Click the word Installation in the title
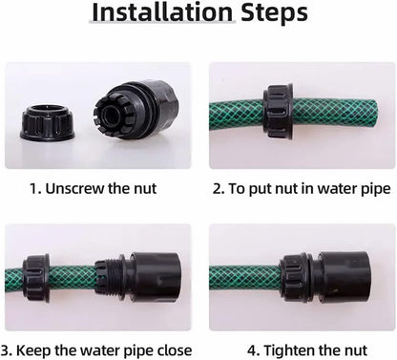[x=162, y=12]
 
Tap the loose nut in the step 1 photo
[x=48, y=124]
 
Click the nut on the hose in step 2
[x=278, y=112]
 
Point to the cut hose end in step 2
[x=374, y=114]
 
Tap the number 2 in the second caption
[x=217, y=189]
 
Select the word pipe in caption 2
[x=376, y=190]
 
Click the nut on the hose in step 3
[x=35, y=278]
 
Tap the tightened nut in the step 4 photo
[x=294, y=279]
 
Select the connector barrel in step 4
[x=345, y=278]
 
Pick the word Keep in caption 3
[x=33, y=350]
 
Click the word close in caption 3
[x=175, y=350]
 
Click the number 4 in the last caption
[x=251, y=350]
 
